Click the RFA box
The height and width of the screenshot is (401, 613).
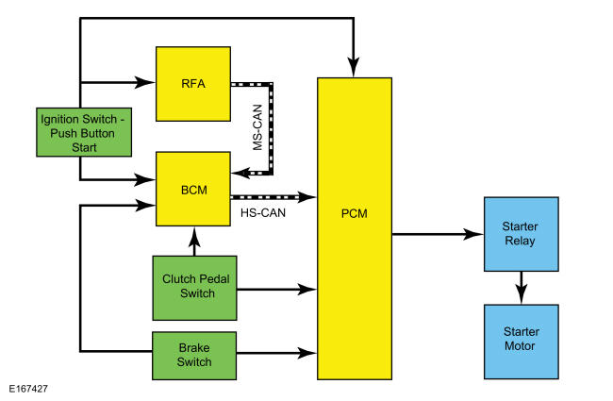point(192,83)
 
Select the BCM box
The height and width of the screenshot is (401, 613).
point(192,190)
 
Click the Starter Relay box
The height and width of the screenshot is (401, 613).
point(520,233)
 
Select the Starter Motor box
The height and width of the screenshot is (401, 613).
point(520,341)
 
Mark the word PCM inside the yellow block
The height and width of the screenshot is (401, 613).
point(355,213)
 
